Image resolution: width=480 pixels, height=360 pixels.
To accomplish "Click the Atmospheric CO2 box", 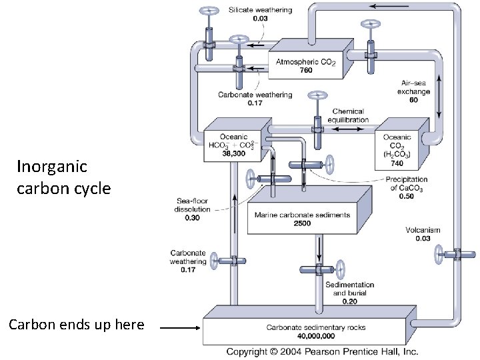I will (x=306, y=65).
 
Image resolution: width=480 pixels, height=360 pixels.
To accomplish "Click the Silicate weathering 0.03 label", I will (x=259, y=14).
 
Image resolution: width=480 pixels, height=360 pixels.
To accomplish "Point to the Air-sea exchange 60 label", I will (x=413, y=91).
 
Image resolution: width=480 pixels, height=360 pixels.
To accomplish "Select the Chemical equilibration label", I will (x=349, y=115).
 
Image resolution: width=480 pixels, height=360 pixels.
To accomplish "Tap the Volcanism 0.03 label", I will (x=423, y=234).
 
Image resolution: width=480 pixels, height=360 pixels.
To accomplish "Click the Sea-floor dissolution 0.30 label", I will (x=193, y=209).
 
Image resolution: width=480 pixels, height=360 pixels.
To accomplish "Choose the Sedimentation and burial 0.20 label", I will (x=349, y=293).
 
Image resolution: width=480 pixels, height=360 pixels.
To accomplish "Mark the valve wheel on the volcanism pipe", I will (x=439, y=254).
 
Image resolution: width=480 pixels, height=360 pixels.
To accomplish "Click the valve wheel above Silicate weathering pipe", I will (x=209, y=11).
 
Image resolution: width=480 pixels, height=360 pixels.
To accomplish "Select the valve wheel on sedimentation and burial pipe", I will (x=341, y=270).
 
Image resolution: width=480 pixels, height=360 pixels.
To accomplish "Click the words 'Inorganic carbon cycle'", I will (x=63, y=177).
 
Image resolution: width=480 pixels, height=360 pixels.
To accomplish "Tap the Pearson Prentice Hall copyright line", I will (x=322, y=351).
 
